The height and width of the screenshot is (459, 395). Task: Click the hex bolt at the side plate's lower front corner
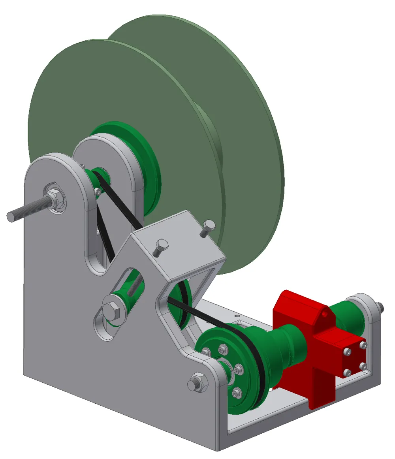[197, 382]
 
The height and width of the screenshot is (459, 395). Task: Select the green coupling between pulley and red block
[288, 348]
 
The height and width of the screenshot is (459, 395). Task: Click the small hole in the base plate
[237, 316]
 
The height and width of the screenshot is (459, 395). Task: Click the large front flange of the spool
[118, 99]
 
